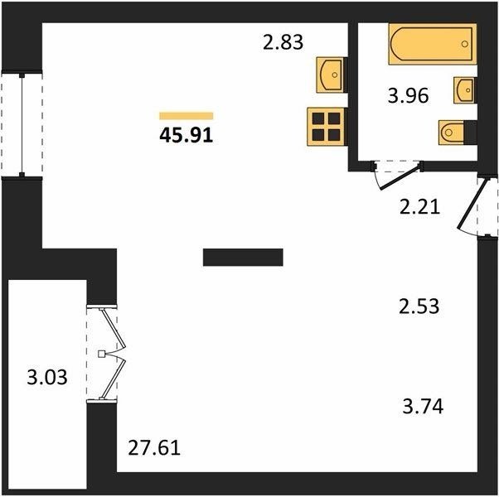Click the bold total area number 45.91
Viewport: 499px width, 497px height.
(187, 136)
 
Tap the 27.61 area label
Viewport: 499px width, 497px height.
(154, 447)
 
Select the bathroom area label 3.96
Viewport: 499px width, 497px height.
(409, 95)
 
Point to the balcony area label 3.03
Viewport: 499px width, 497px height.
(47, 378)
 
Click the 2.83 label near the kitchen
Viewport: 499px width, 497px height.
(283, 42)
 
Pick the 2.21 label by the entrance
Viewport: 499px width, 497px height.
(419, 207)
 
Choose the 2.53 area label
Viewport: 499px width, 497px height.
(419, 306)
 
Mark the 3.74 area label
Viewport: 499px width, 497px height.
(423, 407)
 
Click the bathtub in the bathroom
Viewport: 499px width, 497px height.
(433, 44)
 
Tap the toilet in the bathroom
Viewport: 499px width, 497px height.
(458, 133)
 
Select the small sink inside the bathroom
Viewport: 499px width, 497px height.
(465, 90)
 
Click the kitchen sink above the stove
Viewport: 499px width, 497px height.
(332, 75)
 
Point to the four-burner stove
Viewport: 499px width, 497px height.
(327, 127)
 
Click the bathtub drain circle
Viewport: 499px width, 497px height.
(465, 44)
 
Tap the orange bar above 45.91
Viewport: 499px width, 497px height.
(187, 116)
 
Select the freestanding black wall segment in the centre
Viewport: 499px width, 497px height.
(243, 258)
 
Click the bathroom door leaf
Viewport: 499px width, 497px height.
(400, 177)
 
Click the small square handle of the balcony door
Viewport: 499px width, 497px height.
(101, 354)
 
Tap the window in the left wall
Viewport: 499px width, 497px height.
(22, 124)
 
